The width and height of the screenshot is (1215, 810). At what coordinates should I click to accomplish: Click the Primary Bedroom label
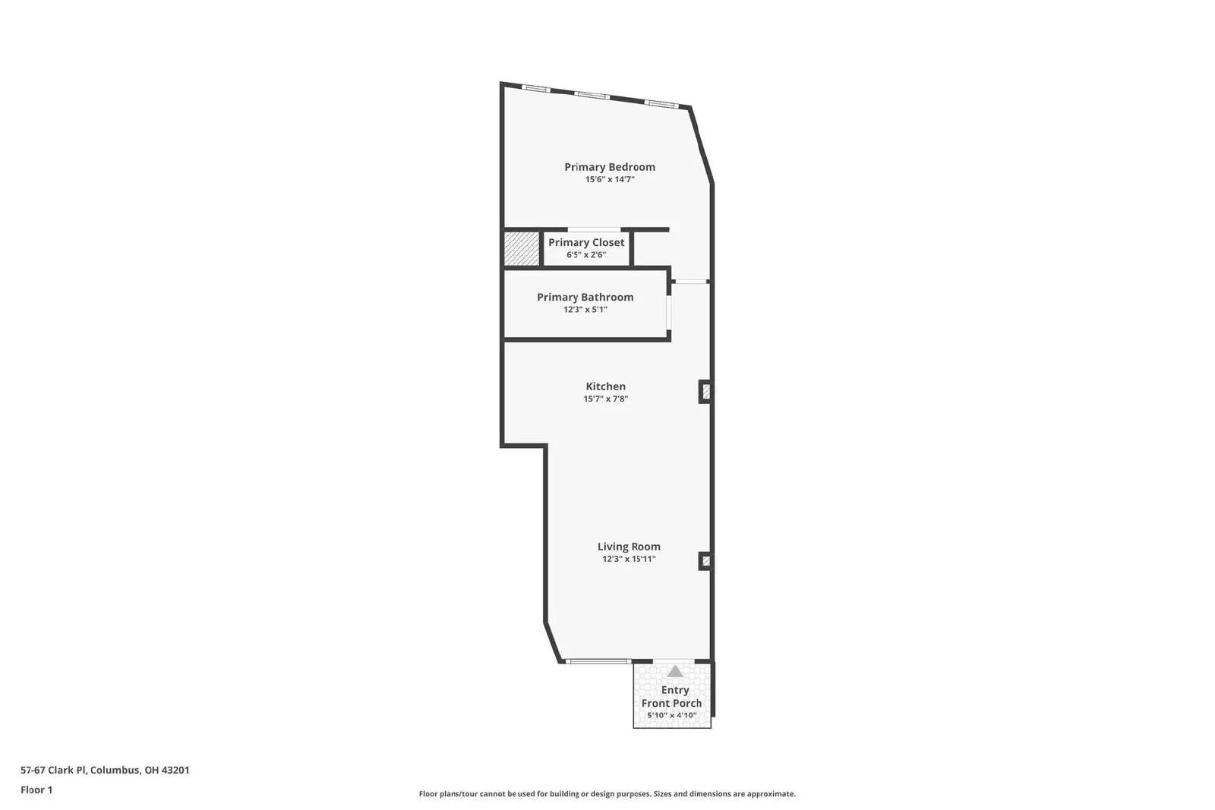(x=609, y=167)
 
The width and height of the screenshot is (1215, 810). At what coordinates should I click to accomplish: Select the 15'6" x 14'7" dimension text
(x=609, y=180)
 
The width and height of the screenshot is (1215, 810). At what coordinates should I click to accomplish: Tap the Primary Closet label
(x=586, y=242)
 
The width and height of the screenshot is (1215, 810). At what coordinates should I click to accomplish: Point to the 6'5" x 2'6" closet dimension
(x=586, y=255)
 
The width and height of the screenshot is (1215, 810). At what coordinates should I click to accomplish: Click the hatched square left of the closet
(x=522, y=249)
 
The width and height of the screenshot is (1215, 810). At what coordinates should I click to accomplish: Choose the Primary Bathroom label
(x=585, y=297)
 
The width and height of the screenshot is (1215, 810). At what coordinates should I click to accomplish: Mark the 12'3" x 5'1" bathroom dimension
(x=585, y=310)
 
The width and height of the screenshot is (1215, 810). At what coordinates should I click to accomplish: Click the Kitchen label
(x=605, y=386)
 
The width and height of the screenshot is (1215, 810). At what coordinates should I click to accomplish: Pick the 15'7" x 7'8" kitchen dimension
(x=605, y=399)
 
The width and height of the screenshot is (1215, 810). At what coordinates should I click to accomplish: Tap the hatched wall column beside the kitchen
(x=705, y=392)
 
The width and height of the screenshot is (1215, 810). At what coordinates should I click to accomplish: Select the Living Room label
(x=629, y=547)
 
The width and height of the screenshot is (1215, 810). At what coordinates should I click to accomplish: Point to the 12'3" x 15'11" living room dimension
(x=629, y=559)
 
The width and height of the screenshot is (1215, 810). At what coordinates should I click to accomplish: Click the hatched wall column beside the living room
(x=705, y=561)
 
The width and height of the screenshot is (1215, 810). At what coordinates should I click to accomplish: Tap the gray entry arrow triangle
(x=674, y=671)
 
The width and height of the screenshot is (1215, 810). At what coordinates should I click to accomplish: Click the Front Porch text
(x=671, y=703)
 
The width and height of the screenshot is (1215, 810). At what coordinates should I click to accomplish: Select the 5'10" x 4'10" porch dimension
(x=671, y=715)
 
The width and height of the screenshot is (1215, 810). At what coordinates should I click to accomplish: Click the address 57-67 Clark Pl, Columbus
(x=105, y=770)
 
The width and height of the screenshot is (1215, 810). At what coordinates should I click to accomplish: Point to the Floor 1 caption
(x=36, y=790)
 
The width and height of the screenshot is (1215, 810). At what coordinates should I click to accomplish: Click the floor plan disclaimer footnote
(x=607, y=794)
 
